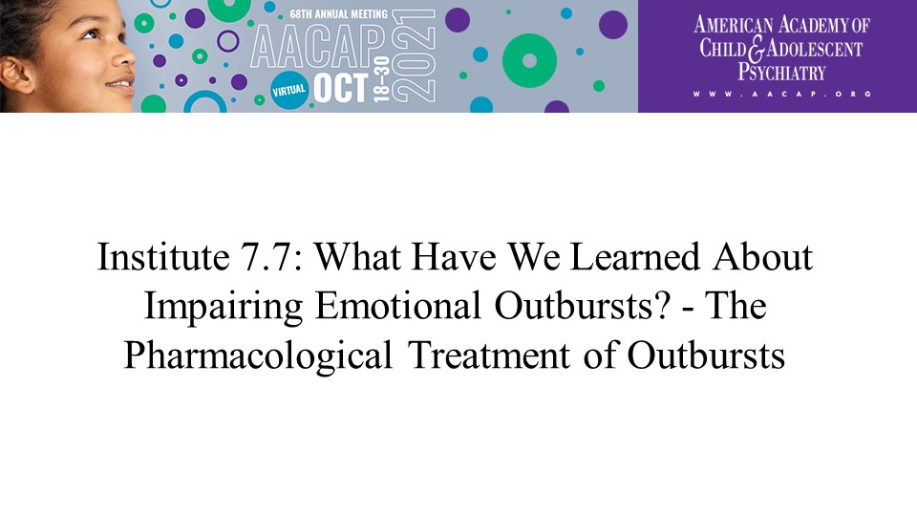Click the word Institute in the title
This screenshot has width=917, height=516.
tap(163, 257)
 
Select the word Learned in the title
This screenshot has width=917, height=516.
tap(634, 257)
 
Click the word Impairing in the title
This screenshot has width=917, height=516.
tap(224, 307)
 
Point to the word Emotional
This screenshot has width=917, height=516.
tap(398, 306)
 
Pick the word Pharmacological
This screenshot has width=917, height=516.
tap(258, 356)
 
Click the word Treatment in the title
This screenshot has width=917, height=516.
tap(489, 355)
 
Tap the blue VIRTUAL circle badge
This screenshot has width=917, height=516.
tap(288, 90)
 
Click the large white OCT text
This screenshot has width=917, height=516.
tap(340, 88)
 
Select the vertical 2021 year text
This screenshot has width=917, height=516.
tap(413, 56)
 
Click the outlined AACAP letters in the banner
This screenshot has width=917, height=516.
tap(318, 48)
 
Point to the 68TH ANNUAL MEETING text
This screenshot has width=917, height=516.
tap(338, 13)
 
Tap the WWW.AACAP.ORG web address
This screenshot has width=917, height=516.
tap(782, 94)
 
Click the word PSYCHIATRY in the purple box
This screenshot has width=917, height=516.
tap(781, 72)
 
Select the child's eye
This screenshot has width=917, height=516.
tap(90, 33)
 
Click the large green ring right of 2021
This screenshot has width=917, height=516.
tap(529, 61)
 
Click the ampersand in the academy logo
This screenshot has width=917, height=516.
tap(757, 50)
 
